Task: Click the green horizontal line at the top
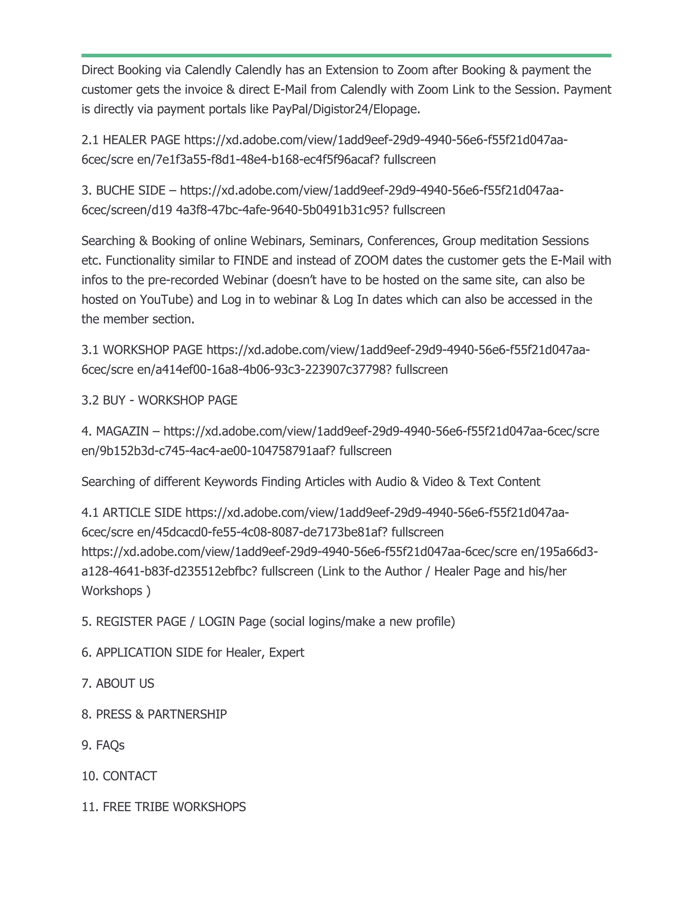[346, 56]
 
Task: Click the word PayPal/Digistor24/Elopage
[346, 109]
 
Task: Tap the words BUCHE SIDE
[130, 191]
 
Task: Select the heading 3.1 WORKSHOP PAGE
[142, 350]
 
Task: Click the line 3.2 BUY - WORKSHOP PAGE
[159, 400]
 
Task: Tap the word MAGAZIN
[122, 431]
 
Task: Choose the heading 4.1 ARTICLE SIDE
[131, 512]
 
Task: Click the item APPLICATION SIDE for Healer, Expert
[193, 653]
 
